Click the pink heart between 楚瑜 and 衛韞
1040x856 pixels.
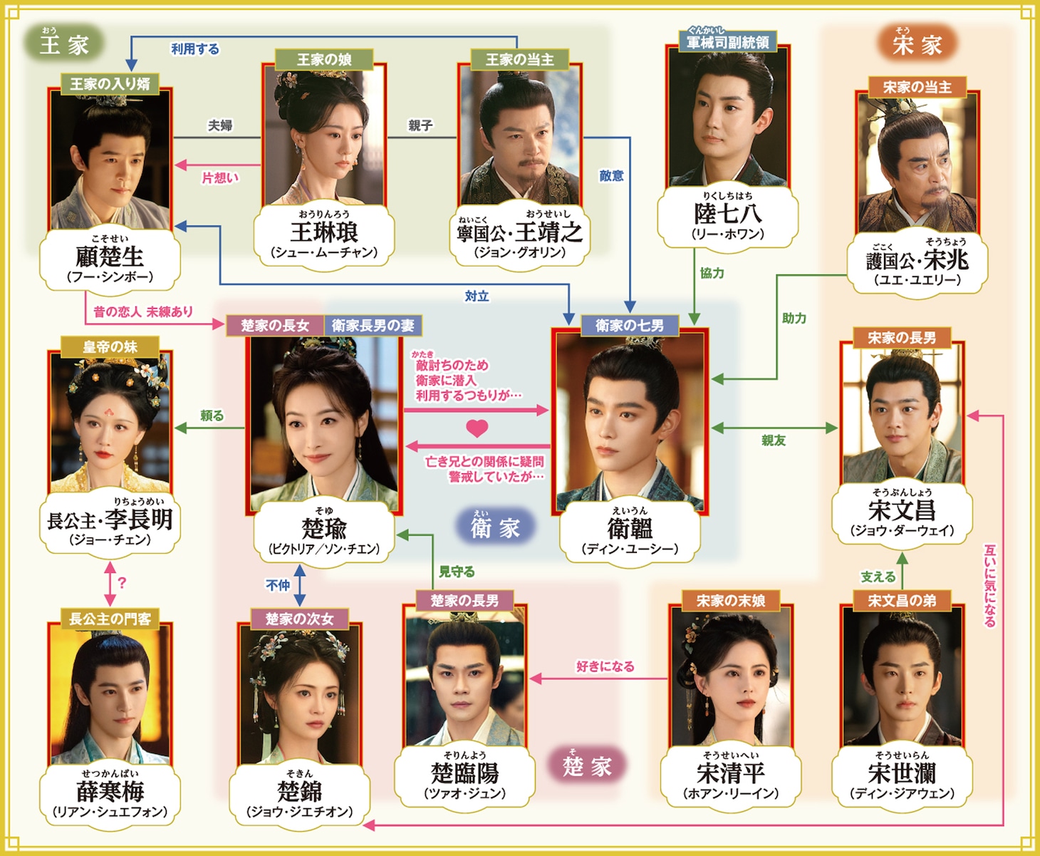point(477,428)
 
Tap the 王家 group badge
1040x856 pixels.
point(64,44)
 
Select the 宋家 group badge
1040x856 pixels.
point(917,44)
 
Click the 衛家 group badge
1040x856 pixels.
point(495,527)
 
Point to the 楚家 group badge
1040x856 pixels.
point(587,765)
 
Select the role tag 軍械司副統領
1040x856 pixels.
point(727,42)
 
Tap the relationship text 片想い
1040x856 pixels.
point(220,177)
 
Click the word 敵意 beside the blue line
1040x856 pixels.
point(611,175)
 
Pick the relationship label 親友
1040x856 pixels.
point(774,440)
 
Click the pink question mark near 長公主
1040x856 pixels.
point(123,582)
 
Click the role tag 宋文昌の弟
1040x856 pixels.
point(902,601)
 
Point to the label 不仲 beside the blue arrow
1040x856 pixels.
point(278,585)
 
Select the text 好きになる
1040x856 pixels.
point(605,666)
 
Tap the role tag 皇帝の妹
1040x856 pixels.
point(110,347)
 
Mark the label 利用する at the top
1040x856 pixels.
point(194,49)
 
